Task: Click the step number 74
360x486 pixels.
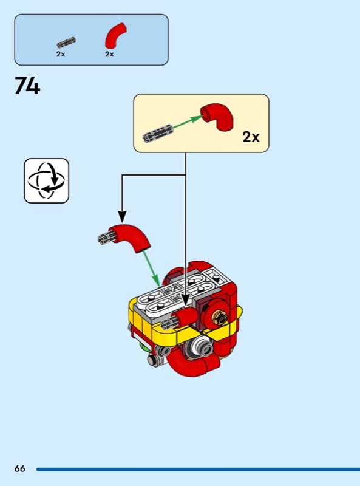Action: [x=27, y=86]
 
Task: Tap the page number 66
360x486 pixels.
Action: [x=20, y=468]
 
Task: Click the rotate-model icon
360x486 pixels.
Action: [x=47, y=180]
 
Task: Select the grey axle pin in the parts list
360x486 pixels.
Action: [x=66, y=42]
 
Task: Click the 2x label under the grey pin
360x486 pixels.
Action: [x=61, y=54]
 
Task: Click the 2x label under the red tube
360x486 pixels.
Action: [x=109, y=54]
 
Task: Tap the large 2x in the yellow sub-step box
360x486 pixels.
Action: [x=251, y=137]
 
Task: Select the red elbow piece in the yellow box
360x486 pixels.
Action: [x=218, y=117]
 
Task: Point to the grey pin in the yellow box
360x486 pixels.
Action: [x=158, y=133]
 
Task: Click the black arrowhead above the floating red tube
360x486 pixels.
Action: [x=123, y=217]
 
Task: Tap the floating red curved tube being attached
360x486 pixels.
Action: [x=132, y=236]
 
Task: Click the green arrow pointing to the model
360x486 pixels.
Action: [x=152, y=269]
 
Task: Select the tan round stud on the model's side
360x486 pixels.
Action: [x=221, y=318]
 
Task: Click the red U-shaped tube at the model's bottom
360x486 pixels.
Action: [x=191, y=364]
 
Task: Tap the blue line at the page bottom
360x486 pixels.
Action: [x=199, y=469]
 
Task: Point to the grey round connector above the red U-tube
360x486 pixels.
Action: [x=202, y=346]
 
